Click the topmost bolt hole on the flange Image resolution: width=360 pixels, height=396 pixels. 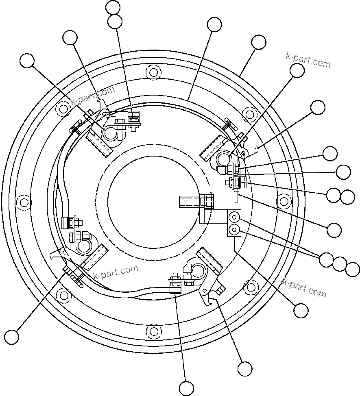click(153, 72)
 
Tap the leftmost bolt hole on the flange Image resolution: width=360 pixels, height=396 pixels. click(23, 202)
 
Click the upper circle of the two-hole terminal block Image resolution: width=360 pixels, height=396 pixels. click(234, 216)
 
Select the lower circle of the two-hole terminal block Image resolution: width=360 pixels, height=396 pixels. click(234, 230)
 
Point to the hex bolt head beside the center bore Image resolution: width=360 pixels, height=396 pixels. click(208, 201)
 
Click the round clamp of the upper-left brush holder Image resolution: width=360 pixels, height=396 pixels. click(110, 133)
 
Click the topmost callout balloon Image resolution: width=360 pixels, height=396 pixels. click(113, 7)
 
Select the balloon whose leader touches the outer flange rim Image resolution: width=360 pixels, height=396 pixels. click(259, 42)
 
